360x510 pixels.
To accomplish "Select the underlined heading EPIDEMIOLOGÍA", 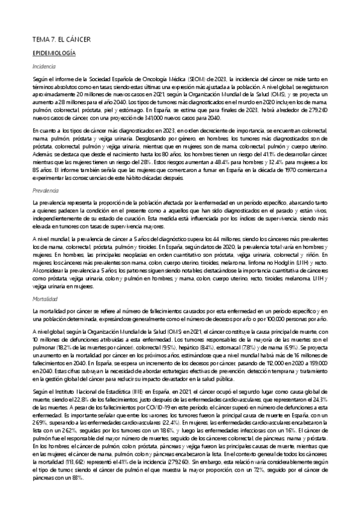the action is [53, 54].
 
